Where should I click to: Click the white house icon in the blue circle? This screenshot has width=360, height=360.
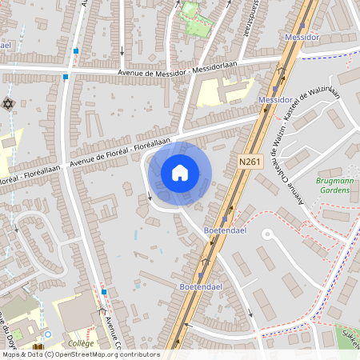[x=180, y=172]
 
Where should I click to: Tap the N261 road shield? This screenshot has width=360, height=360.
[x=250, y=161]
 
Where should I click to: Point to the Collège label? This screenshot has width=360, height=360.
[x=81, y=343]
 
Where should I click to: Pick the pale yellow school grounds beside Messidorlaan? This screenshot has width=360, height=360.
[x=210, y=94]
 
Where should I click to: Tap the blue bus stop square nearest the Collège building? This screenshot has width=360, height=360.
[x=104, y=292]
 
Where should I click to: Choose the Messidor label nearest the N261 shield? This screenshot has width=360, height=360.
[x=274, y=99]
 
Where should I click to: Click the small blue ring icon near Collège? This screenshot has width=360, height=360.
[x=47, y=334]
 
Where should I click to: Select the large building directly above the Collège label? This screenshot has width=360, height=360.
[x=76, y=312]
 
